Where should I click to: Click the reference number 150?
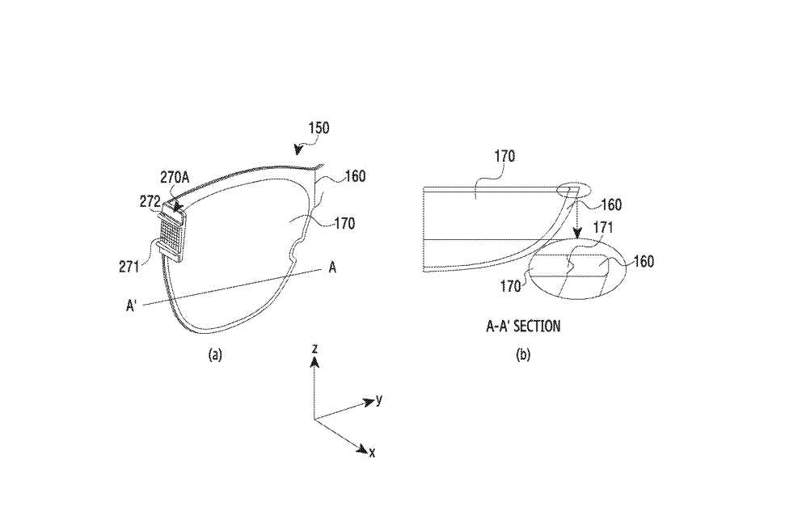[x=318, y=128]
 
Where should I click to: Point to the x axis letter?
[x=372, y=453]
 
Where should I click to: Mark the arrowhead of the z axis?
[x=315, y=363]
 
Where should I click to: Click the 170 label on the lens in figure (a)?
[x=344, y=224]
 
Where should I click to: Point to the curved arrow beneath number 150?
[x=301, y=147]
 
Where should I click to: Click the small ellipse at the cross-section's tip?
[x=575, y=191]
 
